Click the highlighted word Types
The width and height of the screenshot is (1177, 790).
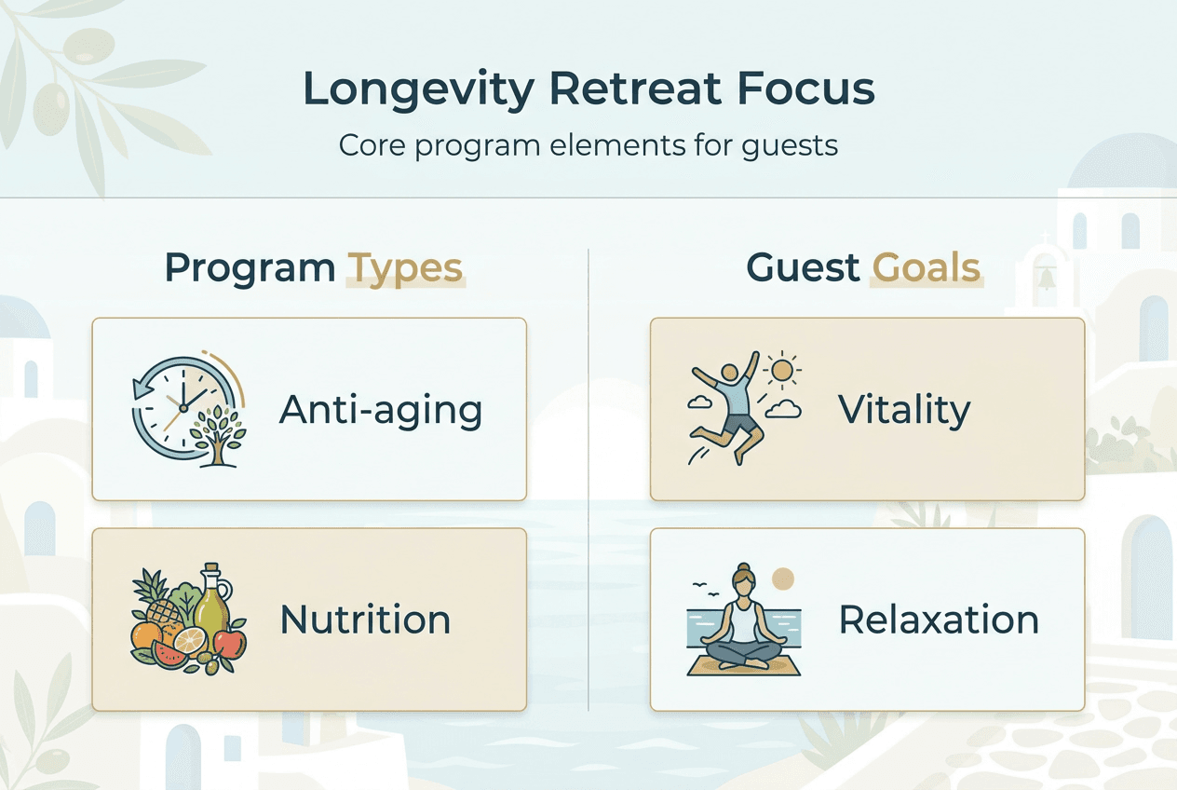405,268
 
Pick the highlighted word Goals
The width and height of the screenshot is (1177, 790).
927,268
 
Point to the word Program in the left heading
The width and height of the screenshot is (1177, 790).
250,268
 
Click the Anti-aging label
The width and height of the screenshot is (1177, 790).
381,410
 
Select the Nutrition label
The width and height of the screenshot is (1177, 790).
365,620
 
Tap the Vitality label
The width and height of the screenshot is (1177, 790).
903,410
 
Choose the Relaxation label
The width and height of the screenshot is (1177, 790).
939,620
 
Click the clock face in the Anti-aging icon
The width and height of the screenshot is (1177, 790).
180,406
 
